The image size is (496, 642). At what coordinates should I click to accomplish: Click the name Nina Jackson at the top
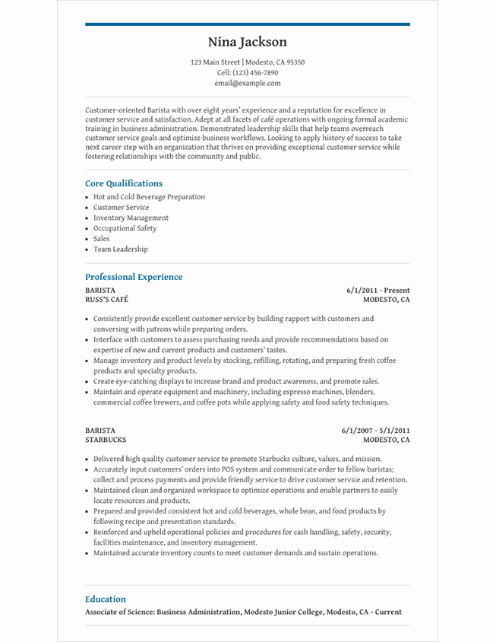(x=248, y=43)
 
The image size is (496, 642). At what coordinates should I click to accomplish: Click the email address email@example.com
(x=248, y=84)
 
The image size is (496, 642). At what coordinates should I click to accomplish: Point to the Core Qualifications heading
(x=124, y=183)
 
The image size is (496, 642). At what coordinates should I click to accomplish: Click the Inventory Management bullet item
(x=131, y=218)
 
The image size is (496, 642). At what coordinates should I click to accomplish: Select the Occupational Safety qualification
(x=125, y=228)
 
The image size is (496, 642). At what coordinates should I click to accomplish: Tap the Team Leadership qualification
(x=120, y=249)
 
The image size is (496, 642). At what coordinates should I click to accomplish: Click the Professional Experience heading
(x=134, y=277)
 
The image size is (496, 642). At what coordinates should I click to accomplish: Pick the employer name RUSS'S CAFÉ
(x=106, y=300)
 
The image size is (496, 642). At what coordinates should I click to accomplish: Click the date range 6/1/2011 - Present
(x=378, y=290)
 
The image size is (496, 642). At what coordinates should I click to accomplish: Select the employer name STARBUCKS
(x=106, y=440)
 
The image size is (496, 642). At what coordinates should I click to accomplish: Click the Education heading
(x=106, y=599)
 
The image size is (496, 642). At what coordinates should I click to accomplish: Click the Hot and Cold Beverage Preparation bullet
(x=149, y=197)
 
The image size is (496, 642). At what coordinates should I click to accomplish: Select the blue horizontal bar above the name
(x=248, y=24)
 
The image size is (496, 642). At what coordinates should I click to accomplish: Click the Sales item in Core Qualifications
(x=101, y=239)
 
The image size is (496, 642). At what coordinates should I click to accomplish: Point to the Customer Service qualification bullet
(x=121, y=208)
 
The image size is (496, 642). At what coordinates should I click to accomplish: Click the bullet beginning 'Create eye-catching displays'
(x=235, y=381)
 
